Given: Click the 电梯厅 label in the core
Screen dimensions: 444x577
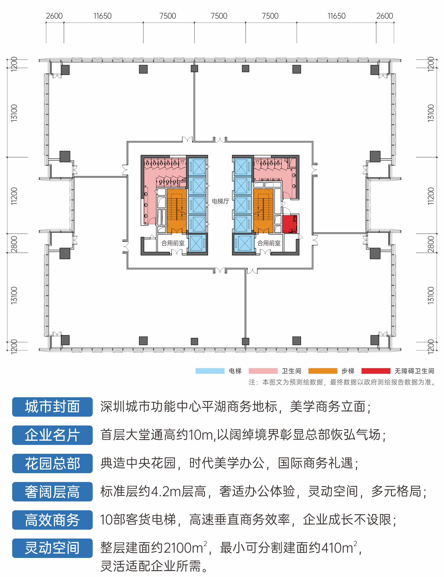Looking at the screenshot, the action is [x=220, y=201].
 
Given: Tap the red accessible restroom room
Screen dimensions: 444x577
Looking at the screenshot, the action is [x=290, y=224].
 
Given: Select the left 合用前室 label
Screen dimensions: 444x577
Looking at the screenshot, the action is [x=173, y=243].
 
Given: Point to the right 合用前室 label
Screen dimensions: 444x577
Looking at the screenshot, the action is [x=269, y=243].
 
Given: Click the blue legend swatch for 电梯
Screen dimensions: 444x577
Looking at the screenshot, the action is [x=210, y=371].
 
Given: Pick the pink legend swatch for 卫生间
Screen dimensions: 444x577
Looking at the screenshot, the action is [x=263, y=371].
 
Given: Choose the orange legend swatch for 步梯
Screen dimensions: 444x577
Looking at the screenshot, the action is [x=323, y=371].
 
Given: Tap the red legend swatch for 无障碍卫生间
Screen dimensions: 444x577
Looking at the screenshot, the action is [x=376, y=371].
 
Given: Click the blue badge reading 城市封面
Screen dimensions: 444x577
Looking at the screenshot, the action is [x=52, y=407].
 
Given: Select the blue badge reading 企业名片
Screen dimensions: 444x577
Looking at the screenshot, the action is [x=52, y=435].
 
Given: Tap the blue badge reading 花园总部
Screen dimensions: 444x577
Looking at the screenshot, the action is [x=52, y=463].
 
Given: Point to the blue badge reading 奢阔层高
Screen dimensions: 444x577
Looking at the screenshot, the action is [x=52, y=492].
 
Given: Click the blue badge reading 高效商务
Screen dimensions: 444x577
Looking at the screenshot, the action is [x=52, y=520].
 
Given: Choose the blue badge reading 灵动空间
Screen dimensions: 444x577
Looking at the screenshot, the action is [x=52, y=548].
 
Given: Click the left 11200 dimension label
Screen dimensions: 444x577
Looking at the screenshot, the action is [x=14, y=196].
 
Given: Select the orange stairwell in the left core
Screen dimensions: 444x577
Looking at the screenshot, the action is [x=176, y=211].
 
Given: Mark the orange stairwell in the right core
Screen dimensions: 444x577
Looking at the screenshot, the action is [x=263, y=211].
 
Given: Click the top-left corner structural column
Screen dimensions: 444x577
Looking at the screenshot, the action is [x=65, y=70].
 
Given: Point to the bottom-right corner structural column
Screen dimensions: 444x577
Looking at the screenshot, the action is [x=375, y=340].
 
